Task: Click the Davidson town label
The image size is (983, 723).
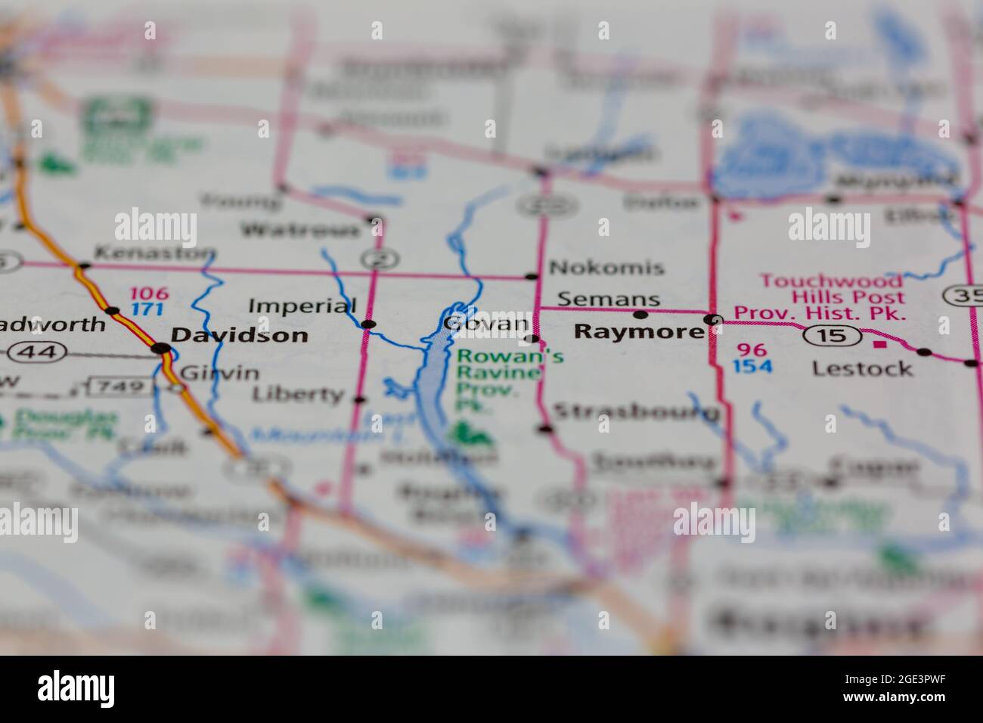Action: point(239,335)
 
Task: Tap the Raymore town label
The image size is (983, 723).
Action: point(638,332)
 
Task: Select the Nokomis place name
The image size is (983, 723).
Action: point(606,267)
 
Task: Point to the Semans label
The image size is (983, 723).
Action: point(609,299)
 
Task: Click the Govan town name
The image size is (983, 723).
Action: point(485,324)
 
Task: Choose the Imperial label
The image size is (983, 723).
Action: point(302,306)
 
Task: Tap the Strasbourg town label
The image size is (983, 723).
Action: point(636,412)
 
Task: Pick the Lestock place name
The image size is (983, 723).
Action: point(862,368)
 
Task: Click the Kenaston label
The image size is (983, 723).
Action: point(155,253)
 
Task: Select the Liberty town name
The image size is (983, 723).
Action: point(298,394)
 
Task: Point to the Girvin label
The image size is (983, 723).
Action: point(220,372)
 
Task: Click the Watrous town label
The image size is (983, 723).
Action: point(300,229)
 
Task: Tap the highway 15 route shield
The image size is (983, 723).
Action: point(833,334)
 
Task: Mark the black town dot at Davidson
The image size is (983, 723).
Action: point(161,349)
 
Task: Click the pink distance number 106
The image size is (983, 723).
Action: point(147,293)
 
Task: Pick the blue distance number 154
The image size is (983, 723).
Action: point(752,367)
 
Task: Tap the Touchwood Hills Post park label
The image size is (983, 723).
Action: point(820,296)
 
